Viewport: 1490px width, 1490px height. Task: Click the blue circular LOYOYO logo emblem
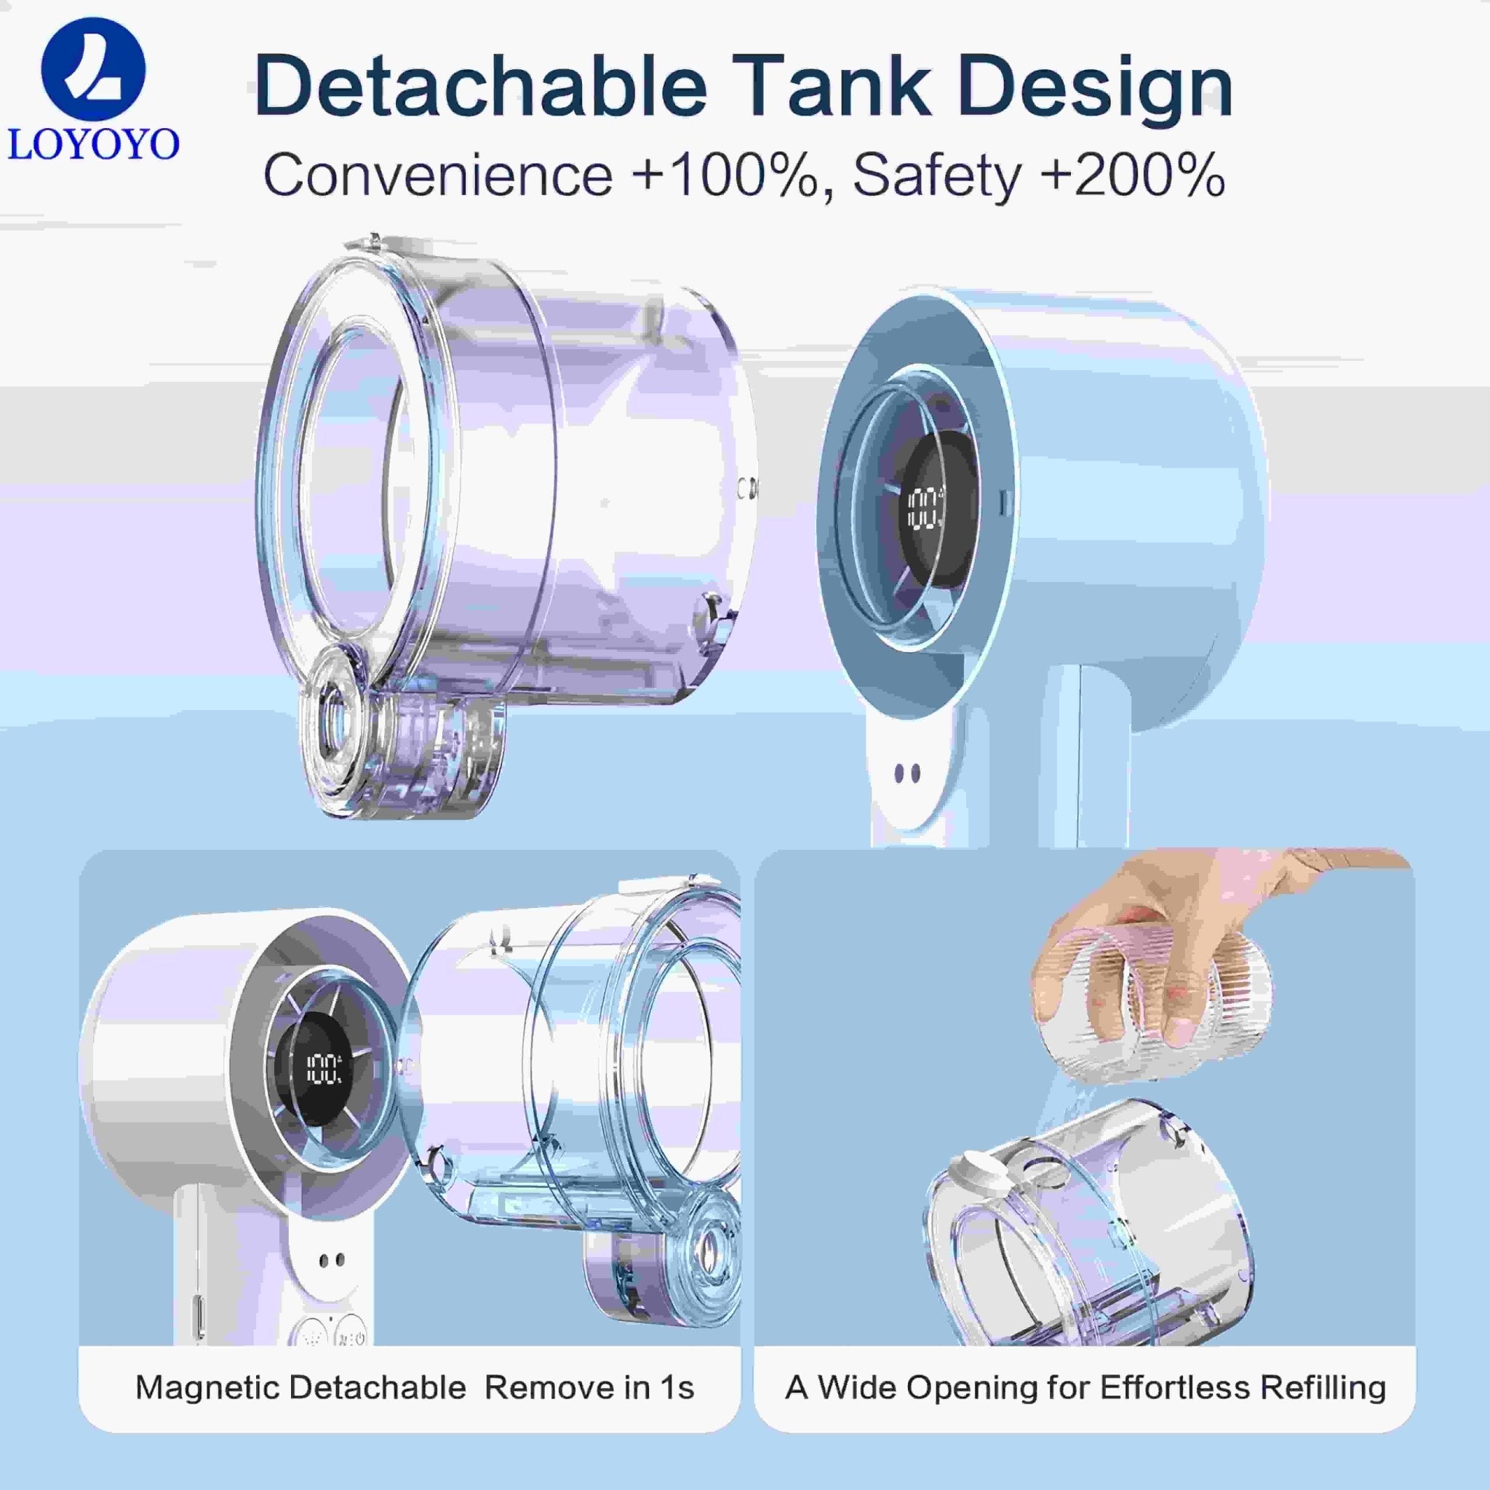[x=93, y=70]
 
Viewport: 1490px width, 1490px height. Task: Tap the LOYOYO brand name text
[x=93, y=143]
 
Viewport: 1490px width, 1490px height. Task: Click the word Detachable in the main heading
[x=479, y=86]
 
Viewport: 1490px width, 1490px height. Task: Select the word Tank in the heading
[x=836, y=86]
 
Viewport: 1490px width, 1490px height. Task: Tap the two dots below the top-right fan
[x=907, y=773]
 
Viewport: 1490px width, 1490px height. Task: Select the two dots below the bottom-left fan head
[x=332, y=1260]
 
